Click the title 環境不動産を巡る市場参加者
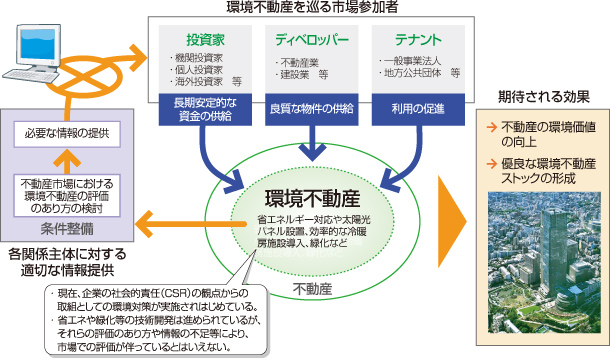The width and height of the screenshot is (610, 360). coord(313,9)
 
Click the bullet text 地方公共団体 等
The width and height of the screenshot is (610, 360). coord(419,74)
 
